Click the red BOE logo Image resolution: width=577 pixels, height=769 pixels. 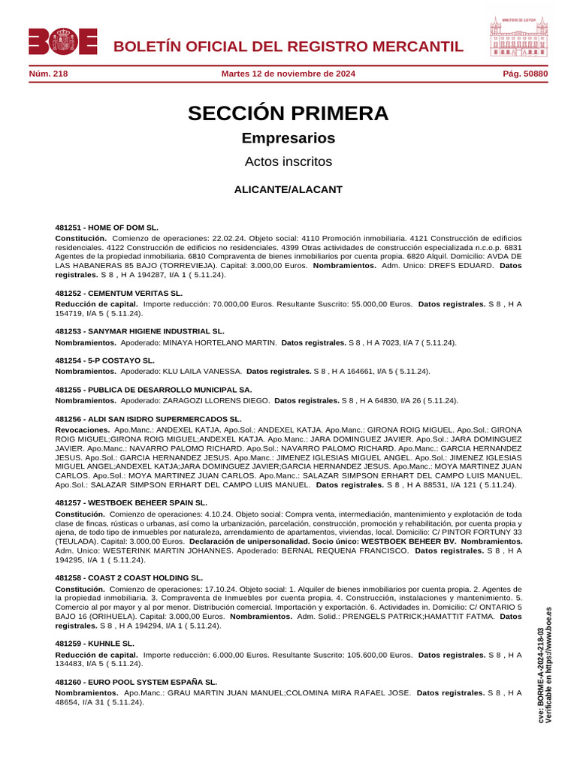(63, 41)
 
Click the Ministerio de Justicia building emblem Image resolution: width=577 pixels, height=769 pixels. (519, 37)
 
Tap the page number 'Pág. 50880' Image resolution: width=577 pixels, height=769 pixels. (525, 74)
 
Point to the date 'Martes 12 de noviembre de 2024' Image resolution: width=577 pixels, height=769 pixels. (288, 74)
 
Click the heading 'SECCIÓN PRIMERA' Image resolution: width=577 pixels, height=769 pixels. (288, 113)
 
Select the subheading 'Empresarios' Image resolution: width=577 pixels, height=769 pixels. (288, 138)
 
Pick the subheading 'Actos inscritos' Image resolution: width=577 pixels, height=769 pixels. (288, 161)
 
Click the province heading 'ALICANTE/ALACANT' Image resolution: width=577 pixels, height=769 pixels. (288, 189)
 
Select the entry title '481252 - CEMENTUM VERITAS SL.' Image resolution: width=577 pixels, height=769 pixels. (119, 293)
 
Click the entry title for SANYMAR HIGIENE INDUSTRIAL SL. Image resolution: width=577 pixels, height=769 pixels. (140, 330)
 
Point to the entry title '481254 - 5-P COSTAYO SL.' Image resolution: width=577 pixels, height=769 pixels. (105, 360)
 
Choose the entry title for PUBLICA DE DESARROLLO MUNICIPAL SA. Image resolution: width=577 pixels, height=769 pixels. (153, 390)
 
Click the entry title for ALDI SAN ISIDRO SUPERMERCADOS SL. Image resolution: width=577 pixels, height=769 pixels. (149, 418)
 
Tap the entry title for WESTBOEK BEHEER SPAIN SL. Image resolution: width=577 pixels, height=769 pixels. (131, 502)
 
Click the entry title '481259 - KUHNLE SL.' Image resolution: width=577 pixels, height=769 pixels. (95, 644)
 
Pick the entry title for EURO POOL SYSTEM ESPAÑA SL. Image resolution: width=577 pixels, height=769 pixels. (137, 682)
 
